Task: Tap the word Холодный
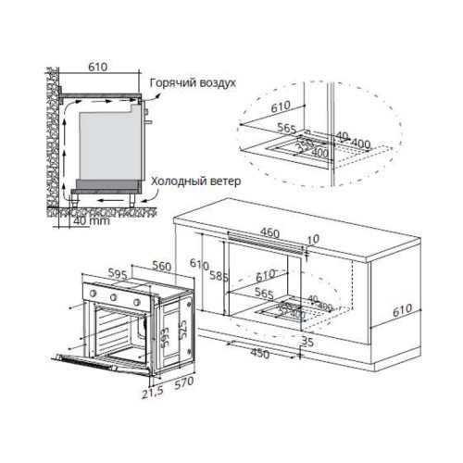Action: pos(176,181)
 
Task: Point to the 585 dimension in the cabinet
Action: pos(219,275)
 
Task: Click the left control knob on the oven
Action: pos(94,298)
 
